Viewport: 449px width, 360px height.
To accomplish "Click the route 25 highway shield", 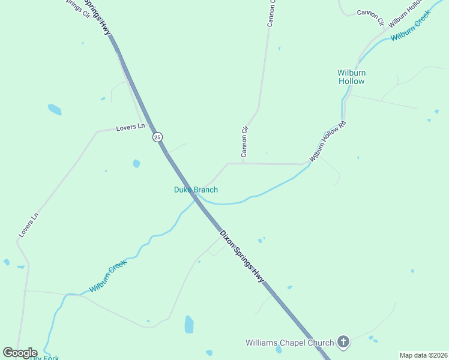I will tap(157, 137).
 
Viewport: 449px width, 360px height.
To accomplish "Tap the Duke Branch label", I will tap(196, 190).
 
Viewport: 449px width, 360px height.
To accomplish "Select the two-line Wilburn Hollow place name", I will tap(351, 77).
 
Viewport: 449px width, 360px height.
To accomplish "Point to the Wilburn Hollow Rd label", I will tap(328, 141).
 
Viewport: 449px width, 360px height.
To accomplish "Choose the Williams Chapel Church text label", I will tap(289, 343).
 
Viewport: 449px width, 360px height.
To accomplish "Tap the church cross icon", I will tap(343, 343).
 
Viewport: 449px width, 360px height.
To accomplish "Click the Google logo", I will tap(20, 353).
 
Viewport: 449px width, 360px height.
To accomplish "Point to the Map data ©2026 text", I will tap(423, 355).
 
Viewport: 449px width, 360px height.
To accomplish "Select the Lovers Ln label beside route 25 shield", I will tap(131, 127).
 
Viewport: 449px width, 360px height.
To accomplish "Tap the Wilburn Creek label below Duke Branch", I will tap(109, 277).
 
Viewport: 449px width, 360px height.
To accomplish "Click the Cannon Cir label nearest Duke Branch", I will tap(244, 142).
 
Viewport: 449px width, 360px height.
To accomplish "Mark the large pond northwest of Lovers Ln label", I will tap(55, 110).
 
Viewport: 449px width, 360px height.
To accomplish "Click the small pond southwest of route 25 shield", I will tap(137, 163).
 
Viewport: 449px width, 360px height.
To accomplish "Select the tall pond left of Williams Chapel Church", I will tap(189, 324).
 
